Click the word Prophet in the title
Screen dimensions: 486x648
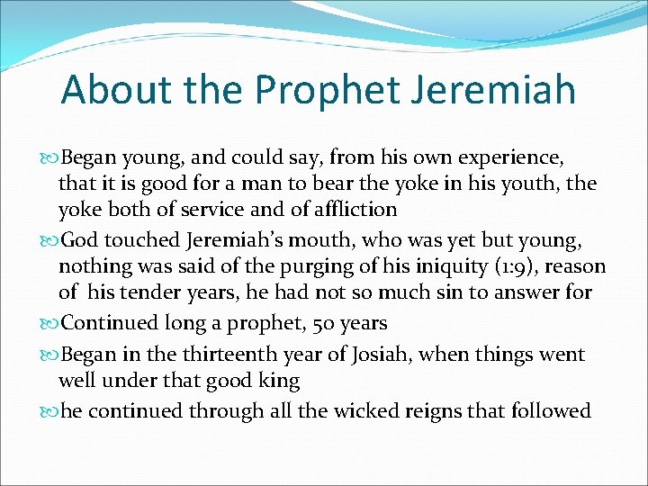coord(327,90)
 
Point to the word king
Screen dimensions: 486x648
coord(279,380)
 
